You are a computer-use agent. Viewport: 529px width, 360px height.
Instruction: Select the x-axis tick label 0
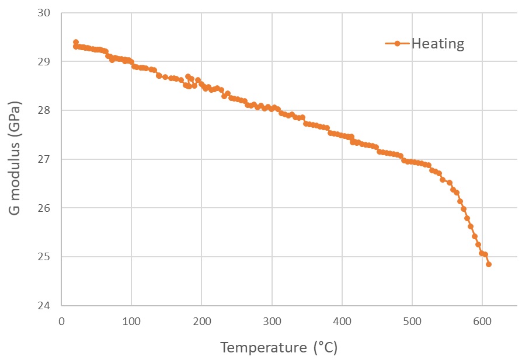61,321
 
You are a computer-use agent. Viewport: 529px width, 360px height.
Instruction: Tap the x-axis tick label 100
131,321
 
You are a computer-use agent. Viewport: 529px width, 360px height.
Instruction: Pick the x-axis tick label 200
201,321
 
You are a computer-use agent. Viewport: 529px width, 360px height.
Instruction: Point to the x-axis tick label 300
272,321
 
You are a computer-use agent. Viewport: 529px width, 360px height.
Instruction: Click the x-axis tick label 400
342,321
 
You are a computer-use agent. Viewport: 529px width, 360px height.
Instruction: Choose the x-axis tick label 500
412,321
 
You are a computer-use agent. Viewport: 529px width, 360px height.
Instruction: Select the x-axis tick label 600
482,321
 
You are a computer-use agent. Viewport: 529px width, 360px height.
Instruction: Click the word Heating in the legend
438,44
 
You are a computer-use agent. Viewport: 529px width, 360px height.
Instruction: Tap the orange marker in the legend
398,44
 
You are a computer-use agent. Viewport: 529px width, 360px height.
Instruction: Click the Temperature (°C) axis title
279,348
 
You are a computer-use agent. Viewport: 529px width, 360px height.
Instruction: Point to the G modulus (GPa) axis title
16,159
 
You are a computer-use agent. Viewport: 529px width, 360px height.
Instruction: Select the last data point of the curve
489,264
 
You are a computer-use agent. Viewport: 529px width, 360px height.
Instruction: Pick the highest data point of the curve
76,42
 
